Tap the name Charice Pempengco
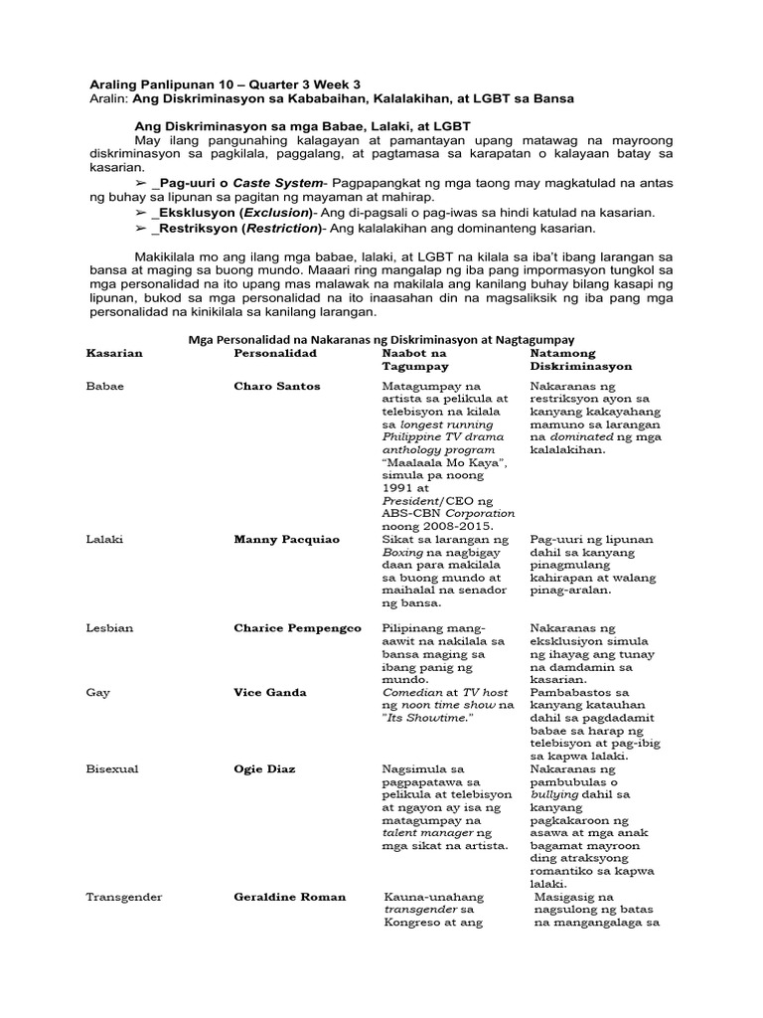tap(297, 628)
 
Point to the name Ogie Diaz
tap(266, 767)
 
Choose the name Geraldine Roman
tap(289, 897)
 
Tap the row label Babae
tap(105, 386)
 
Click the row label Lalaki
tap(105, 539)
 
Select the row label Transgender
tap(124, 897)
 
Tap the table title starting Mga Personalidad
tap(381, 339)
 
